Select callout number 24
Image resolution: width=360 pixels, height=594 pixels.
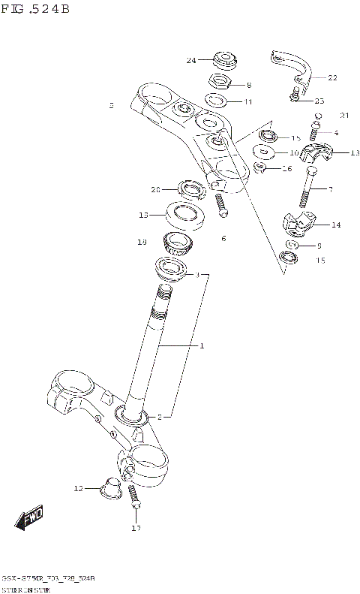pos(191,60)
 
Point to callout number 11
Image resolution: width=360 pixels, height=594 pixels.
pos(247,101)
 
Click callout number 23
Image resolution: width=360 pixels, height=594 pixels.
pos(319,101)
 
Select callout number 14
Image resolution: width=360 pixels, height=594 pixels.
pos(334,224)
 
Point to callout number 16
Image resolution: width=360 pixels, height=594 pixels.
pos(286,169)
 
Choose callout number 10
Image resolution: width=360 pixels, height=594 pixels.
pos(294,152)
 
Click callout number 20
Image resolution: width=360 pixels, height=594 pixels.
pos(156,189)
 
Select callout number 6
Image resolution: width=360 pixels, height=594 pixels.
pos(223,238)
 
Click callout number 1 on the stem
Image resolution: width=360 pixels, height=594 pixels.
pos(201,346)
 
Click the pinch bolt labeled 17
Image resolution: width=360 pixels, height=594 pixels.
pos(134,499)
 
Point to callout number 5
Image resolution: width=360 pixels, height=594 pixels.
pos(111,106)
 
